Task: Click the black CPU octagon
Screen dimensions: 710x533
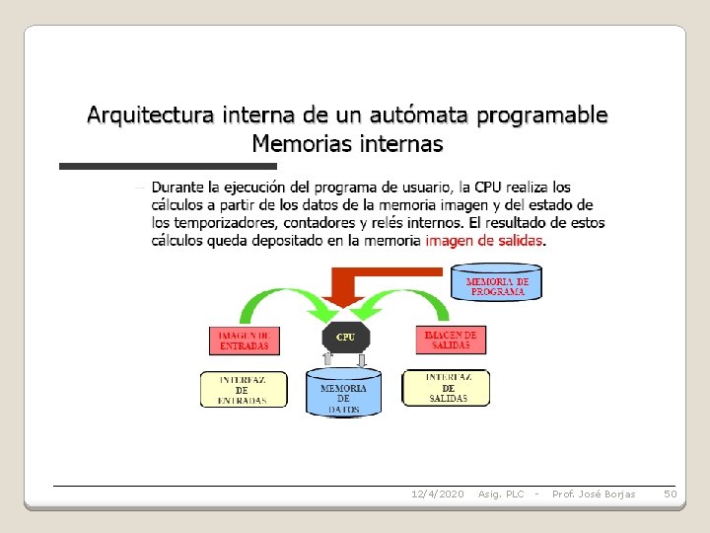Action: coord(345,337)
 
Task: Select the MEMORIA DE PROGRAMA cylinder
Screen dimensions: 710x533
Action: coord(497,282)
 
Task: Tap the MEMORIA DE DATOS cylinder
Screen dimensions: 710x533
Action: coord(343,393)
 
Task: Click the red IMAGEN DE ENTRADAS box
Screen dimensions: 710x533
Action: coord(244,341)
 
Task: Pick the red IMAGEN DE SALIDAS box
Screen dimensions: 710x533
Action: coord(451,340)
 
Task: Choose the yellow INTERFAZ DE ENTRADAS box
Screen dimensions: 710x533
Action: coord(244,389)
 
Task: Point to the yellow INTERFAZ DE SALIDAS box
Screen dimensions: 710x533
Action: coord(447,387)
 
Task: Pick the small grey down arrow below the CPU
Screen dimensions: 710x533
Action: coord(362,360)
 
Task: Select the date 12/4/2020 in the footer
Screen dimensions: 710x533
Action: coord(437,494)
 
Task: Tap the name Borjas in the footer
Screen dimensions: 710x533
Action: coord(619,494)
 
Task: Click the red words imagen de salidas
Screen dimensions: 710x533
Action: coord(484,240)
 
